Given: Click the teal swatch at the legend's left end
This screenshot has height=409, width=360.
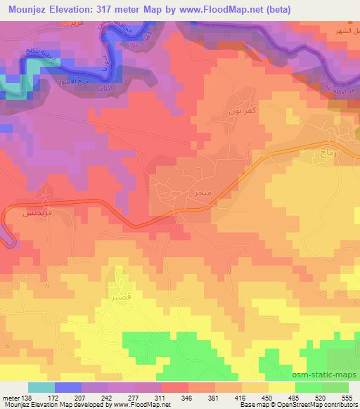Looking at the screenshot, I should click(x=41, y=387).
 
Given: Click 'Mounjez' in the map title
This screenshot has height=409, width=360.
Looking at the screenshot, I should click(x=21, y=8).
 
